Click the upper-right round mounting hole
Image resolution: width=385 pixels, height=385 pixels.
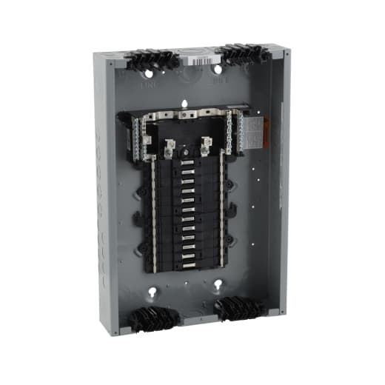pyautogui.click(x=218, y=70)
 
